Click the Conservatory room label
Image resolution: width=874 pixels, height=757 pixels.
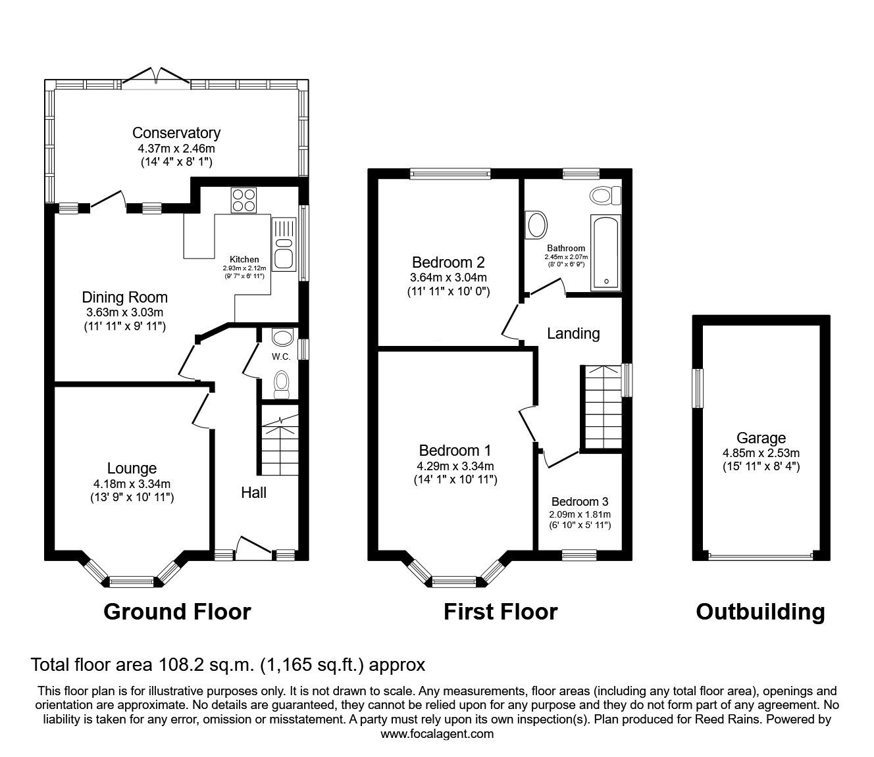click(x=176, y=133)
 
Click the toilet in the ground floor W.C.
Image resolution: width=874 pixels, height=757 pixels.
click(x=281, y=384)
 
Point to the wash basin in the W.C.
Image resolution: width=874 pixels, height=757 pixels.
click(x=283, y=338)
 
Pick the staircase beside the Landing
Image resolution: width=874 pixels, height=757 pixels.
click(x=601, y=408)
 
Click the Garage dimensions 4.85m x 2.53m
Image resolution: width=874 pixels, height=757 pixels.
click(x=761, y=453)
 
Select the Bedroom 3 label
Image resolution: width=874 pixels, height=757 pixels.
click(x=580, y=502)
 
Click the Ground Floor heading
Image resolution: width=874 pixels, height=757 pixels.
click(x=177, y=612)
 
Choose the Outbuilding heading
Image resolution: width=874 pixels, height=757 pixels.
click(x=760, y=612)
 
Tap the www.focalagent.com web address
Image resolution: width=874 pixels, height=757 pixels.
click(x=437, y=733)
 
